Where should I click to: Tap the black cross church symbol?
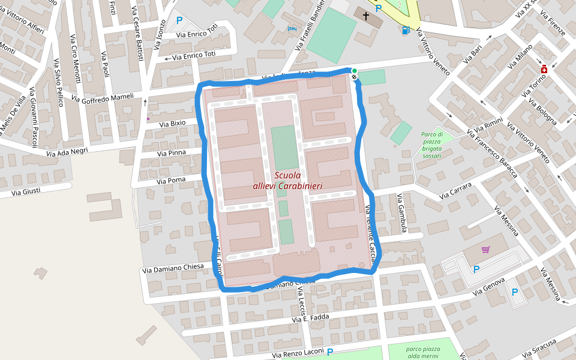coord(366,15)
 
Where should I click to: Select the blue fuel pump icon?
coord(406,30)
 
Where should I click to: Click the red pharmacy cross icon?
coord(544,69)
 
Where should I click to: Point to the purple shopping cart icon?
coord(485,250)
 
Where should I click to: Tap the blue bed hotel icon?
coord(292,28)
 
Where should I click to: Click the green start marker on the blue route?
coord(354,71)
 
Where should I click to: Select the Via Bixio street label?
coord(172,123)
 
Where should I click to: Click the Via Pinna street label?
coord(171,153)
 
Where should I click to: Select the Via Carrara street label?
coord(456,191)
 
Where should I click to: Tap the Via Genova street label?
coord(490,287)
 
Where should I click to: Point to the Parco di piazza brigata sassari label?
coord(431,145)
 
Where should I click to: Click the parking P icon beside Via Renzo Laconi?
coord(329,352)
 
